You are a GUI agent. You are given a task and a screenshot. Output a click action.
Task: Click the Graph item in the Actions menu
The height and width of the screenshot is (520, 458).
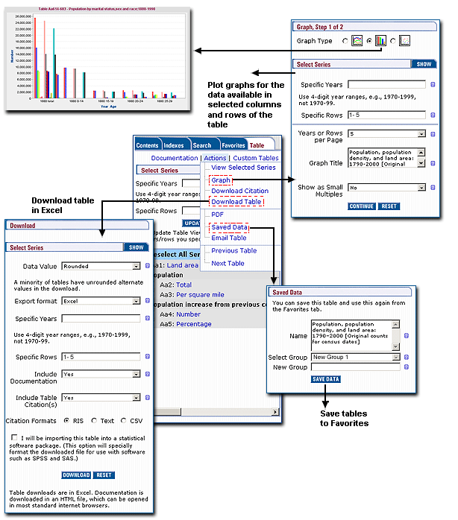(221, 180)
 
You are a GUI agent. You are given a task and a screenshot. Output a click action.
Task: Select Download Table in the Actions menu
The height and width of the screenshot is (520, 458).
(236, 202)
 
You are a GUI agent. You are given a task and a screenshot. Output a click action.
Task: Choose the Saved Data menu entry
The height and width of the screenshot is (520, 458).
(229, 226)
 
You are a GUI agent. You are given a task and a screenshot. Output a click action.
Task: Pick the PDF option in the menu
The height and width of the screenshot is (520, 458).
(217, 215)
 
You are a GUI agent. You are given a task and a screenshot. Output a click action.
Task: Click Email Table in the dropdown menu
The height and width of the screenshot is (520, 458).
(228, 238)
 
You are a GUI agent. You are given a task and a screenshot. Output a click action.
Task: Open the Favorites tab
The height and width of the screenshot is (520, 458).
(233, 145)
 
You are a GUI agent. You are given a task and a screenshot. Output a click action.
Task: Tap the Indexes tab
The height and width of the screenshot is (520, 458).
(175, 145)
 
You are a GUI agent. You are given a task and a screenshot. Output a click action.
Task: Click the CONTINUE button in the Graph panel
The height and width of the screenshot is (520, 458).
(362, 206)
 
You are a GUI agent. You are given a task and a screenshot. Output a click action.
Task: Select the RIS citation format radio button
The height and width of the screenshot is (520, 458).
(66, 421)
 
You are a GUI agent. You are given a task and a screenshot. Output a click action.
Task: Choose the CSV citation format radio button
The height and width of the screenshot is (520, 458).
(122, 421)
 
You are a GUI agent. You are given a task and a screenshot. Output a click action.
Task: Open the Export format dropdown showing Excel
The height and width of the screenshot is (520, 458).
(101, 301)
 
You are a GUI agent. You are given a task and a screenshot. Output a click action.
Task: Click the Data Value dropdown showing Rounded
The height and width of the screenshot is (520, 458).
(101, 265)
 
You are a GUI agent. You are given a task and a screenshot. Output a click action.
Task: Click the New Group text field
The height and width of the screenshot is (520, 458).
(353, 368)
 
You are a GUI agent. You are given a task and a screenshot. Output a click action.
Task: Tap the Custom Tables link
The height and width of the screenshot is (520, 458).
(255, 158)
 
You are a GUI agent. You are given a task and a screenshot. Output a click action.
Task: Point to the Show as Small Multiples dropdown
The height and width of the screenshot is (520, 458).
(386, 188)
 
